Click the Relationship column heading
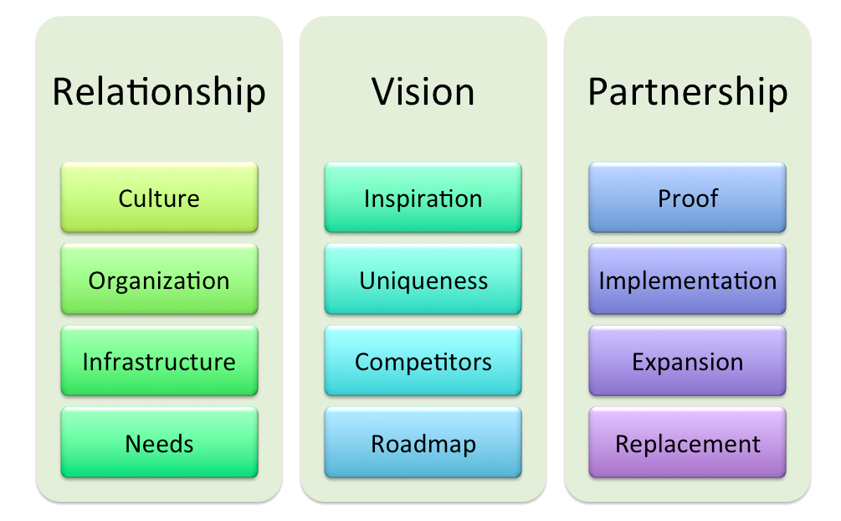pos(159,92)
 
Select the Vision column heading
pos(423,92)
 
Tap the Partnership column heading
pos(688,92)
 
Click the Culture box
pos(159,198)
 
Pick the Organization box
pos(159,280)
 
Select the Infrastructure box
pos(159,361)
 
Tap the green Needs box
pos(159,443)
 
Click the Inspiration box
pos(423,198)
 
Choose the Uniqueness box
pos(423,280)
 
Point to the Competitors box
pos(423,361)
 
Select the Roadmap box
pos(423,443)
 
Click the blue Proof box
pos(688,198)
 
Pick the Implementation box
pos(688,280)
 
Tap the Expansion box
pos(688,361)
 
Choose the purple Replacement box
pos(688,443)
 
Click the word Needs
pos(159,444)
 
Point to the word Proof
pos(688,199)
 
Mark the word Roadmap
pos(423,444)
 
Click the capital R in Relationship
pos(64,92)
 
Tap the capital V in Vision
pos(385,92)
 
